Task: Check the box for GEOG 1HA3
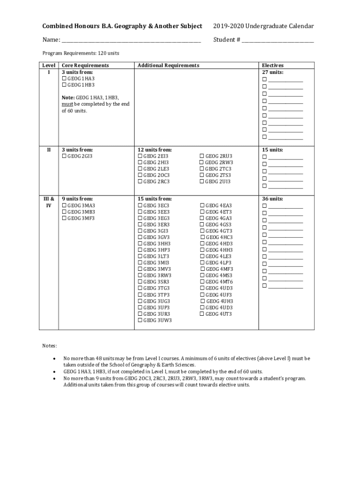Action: pyautogui.click(x=64, y=79)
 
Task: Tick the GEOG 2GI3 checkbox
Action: pyautogui.click(x=64, y=156)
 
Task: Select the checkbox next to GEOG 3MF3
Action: pyautogui.click(x=64, y=218)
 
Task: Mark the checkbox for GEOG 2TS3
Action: pyautogui.click(x=202, y=175)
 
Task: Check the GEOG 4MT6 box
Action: pyautogui.click(x=202, y=282)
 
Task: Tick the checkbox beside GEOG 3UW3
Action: pyautogui.click(x=140, y=320)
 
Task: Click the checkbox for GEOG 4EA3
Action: pyautogui.click(x=202, y=206)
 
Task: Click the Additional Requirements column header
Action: pyautogui.click(x=168, y=65)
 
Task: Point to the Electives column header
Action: pyautogui.click(x=273, y=65)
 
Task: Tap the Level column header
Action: pyautogui.click(x=49, y=65)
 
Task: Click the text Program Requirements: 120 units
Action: pyautogui.click(x=81, y=53)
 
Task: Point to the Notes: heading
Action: pyautogui.click(x=50, y=346)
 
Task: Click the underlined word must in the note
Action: pyautogui.click(x=67, y=104)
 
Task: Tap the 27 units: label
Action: pyautogui.click(x=273, y=73)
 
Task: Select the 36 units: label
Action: pyautogui.click(x=273, y=199)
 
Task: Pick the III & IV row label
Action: pyautogui.click(x=49, y=202)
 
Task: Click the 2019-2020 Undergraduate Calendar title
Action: pyautogui.click(x=263, y=26)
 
